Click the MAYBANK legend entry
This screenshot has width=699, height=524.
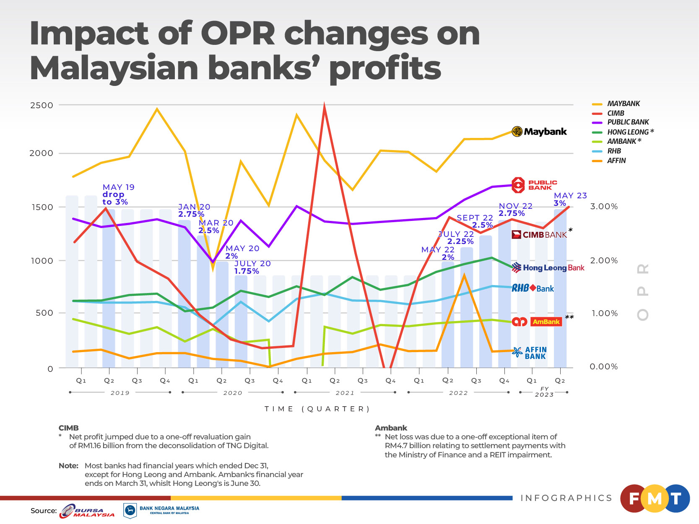(623, 104)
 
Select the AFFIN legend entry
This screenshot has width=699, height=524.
(616, 161)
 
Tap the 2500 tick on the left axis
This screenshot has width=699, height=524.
(42, 105)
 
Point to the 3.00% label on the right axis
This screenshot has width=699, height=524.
(603, 206)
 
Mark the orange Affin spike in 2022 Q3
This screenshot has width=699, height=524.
(464, 275)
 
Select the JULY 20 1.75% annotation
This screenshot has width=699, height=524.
(252, 267)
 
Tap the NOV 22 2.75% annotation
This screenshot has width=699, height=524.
(515, 210)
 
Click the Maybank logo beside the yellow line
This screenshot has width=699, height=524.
(539, 132)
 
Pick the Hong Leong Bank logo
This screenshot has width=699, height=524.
(548, 268)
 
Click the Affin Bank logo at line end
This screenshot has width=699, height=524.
(530, 353)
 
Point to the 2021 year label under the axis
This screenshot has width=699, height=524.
(345, 393)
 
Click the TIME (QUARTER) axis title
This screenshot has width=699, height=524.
(317, 409)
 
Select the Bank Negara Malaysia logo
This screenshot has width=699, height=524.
(161, 510)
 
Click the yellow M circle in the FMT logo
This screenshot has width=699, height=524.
(655, 498)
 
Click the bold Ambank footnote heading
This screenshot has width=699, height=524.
(391, 428)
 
